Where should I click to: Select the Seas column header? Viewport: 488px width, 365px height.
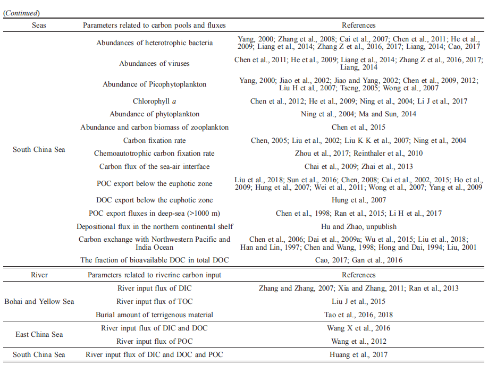[39, 25]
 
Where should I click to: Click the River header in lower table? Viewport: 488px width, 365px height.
[39, 275]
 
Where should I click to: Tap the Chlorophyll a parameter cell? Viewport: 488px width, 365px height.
[154, 101]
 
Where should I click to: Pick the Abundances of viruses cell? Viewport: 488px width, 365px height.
[154, 63]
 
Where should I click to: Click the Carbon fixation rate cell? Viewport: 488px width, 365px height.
[154, 140]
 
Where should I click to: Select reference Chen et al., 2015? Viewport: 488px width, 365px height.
[358, 127]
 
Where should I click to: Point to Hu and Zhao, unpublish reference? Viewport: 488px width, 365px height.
[358, 226]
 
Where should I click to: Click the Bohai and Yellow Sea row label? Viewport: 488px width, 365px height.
[39, 301]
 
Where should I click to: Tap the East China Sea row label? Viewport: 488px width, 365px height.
[39, 334]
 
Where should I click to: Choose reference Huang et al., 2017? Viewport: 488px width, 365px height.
[358, 354]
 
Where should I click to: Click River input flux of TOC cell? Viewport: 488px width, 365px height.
[154, 301]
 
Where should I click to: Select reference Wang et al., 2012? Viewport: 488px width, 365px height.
[358, 341]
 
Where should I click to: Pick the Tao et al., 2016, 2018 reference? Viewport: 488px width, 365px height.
[358, 315]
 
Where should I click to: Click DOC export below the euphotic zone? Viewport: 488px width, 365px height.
[154, 200]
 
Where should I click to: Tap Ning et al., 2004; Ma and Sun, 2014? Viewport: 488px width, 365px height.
[358, 114]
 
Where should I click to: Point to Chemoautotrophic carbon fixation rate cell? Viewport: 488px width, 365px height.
[154, 153]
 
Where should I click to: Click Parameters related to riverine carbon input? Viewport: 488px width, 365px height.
[154, 275]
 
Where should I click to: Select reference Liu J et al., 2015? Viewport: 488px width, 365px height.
[358, 301]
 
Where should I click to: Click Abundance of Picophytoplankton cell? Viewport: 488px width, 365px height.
[154, 84]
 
